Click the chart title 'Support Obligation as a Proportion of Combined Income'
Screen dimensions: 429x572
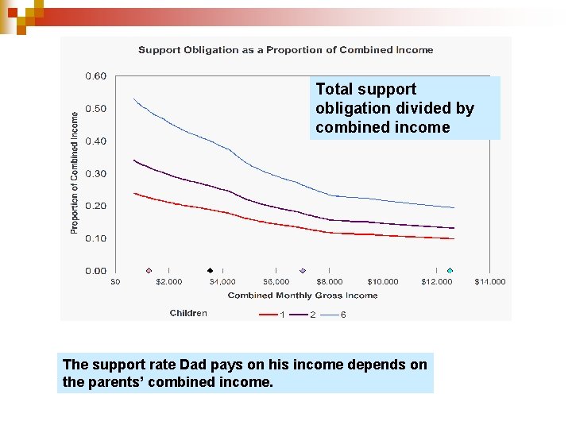click(x=286, y=50)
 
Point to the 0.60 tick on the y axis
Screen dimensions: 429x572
click(x=96, y=76)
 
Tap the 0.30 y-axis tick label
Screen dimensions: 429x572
click(x=96, y=174)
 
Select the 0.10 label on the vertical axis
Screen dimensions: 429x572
click(x=96, y=238)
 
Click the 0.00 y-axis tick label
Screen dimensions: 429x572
click(x=96, y=271)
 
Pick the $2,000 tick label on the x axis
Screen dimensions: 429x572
click(x=168, y=282)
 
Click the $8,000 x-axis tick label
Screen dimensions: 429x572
click(x=330, y=282)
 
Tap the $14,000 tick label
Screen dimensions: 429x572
click(x=490, y=282)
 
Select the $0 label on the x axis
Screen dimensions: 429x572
click(x=115, y=282)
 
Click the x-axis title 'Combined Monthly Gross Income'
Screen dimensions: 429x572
click(x=303, y=296)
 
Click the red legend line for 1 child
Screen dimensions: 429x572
click(x=268, y=315)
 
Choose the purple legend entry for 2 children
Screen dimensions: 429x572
click(x=299, y=315)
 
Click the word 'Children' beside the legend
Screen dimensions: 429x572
click(x=188, y=313)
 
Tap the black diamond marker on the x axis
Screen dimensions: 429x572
click(x=210, y=270)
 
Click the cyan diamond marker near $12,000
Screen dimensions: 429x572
click(x=450, y=270)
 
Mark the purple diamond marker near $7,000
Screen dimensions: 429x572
click(x=302, y=270)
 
